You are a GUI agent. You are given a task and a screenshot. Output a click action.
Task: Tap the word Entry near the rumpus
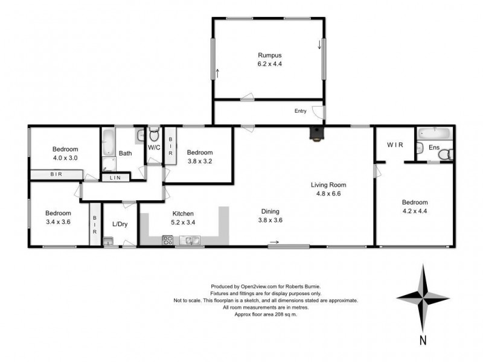300,111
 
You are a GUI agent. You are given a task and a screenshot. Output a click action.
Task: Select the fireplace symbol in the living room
315,134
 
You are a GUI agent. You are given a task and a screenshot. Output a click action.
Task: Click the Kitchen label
183,214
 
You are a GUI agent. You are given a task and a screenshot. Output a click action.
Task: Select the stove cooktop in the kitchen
168,241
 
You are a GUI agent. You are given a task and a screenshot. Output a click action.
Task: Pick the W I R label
395,145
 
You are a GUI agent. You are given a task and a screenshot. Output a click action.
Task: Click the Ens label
433,148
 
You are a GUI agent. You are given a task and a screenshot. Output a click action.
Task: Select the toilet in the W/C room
153,133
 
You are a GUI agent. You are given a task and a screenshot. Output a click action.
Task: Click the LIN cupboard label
114,177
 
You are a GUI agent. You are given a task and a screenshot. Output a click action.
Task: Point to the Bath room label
125,153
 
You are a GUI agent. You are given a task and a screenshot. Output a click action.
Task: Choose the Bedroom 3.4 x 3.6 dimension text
59,221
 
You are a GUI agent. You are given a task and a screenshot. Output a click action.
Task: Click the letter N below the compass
423,340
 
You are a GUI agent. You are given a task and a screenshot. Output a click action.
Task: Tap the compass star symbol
423,296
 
